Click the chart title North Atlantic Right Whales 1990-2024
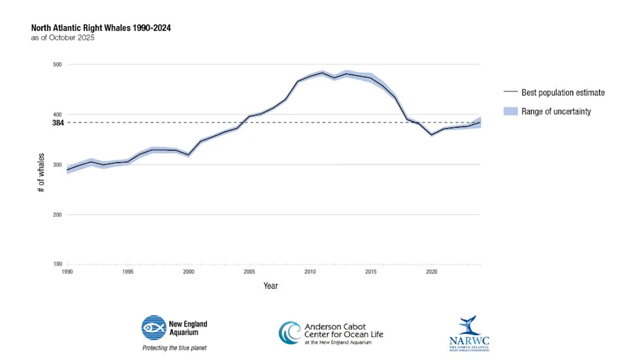[x=101, y=28]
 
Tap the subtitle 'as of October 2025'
[x=63, y=38]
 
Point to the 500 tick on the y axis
[x=57, y=64]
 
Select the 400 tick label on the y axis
[x=57, y=115]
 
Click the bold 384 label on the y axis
[x=57, y=122]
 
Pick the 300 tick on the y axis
[x=57, y=164]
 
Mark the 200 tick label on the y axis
[x=57, y=215]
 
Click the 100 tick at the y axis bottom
[x=57, y=264]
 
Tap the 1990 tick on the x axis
[x=67, y=271]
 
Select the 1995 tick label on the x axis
[x=128, y=271]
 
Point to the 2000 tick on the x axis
[x=188, y=271]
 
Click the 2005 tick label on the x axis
[x=249, y=271]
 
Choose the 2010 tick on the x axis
[x=310, y=271]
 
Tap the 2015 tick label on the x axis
[x=371, y=271]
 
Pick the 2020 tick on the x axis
[x=432, y=271]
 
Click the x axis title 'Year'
[x=270, y=286]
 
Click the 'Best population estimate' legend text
[x=563, y=92]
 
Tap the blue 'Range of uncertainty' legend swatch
[x=510, y=111]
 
